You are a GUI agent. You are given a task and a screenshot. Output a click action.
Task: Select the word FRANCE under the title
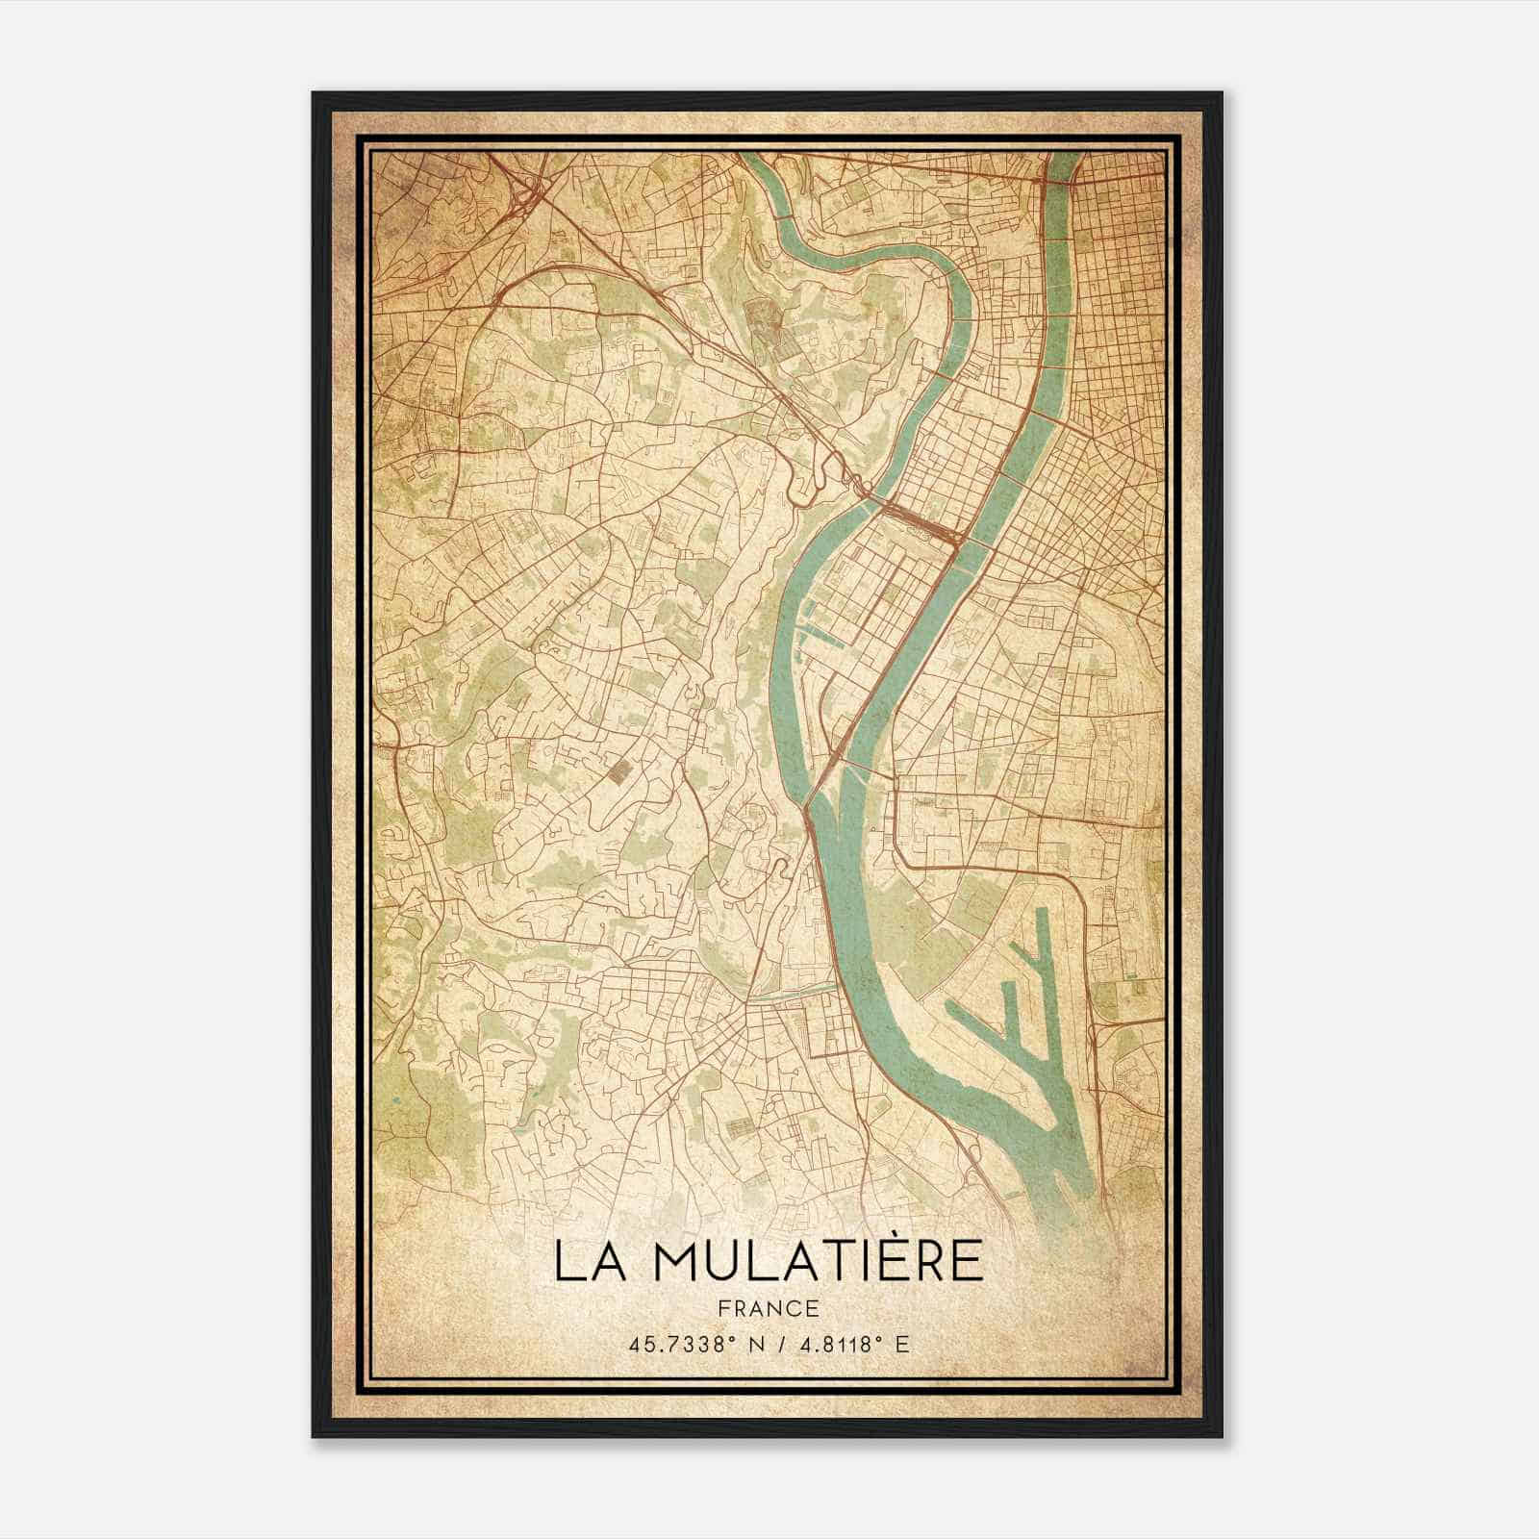pyautogui.click(x=769, y=1308)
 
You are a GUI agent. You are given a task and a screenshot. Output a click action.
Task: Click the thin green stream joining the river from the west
pyautogui.click(x=789, y=994)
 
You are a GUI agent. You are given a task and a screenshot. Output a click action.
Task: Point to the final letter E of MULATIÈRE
pyautogui.click(x=968, y=1261)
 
